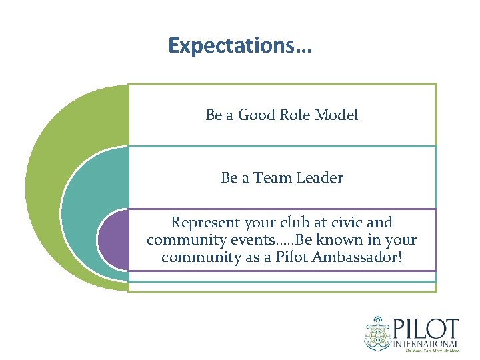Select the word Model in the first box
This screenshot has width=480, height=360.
(x=336, y=115)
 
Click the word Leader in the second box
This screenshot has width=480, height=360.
(x=320, y=178)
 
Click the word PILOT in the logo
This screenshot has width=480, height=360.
(x=427, y=330)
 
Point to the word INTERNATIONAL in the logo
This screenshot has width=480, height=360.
(x=427, y=343)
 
